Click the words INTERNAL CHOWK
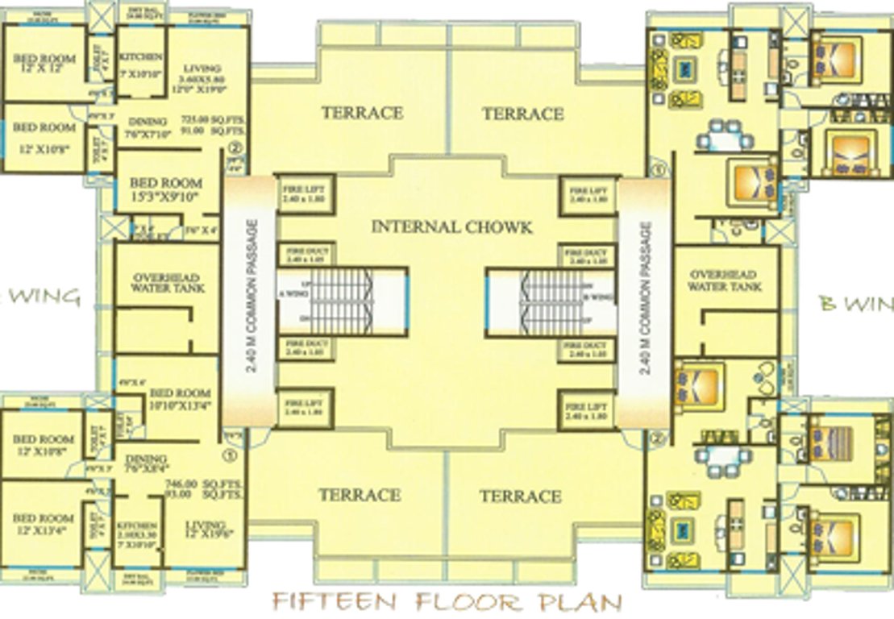coord(451,226)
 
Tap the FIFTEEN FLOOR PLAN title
coord(447,602)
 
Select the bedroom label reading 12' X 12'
coord(45,65)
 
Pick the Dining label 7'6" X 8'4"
coord(146,461)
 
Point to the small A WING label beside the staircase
coord(287,295)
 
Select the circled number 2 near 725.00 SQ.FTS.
coord(235,148)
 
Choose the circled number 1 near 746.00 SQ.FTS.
coord(233,455)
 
